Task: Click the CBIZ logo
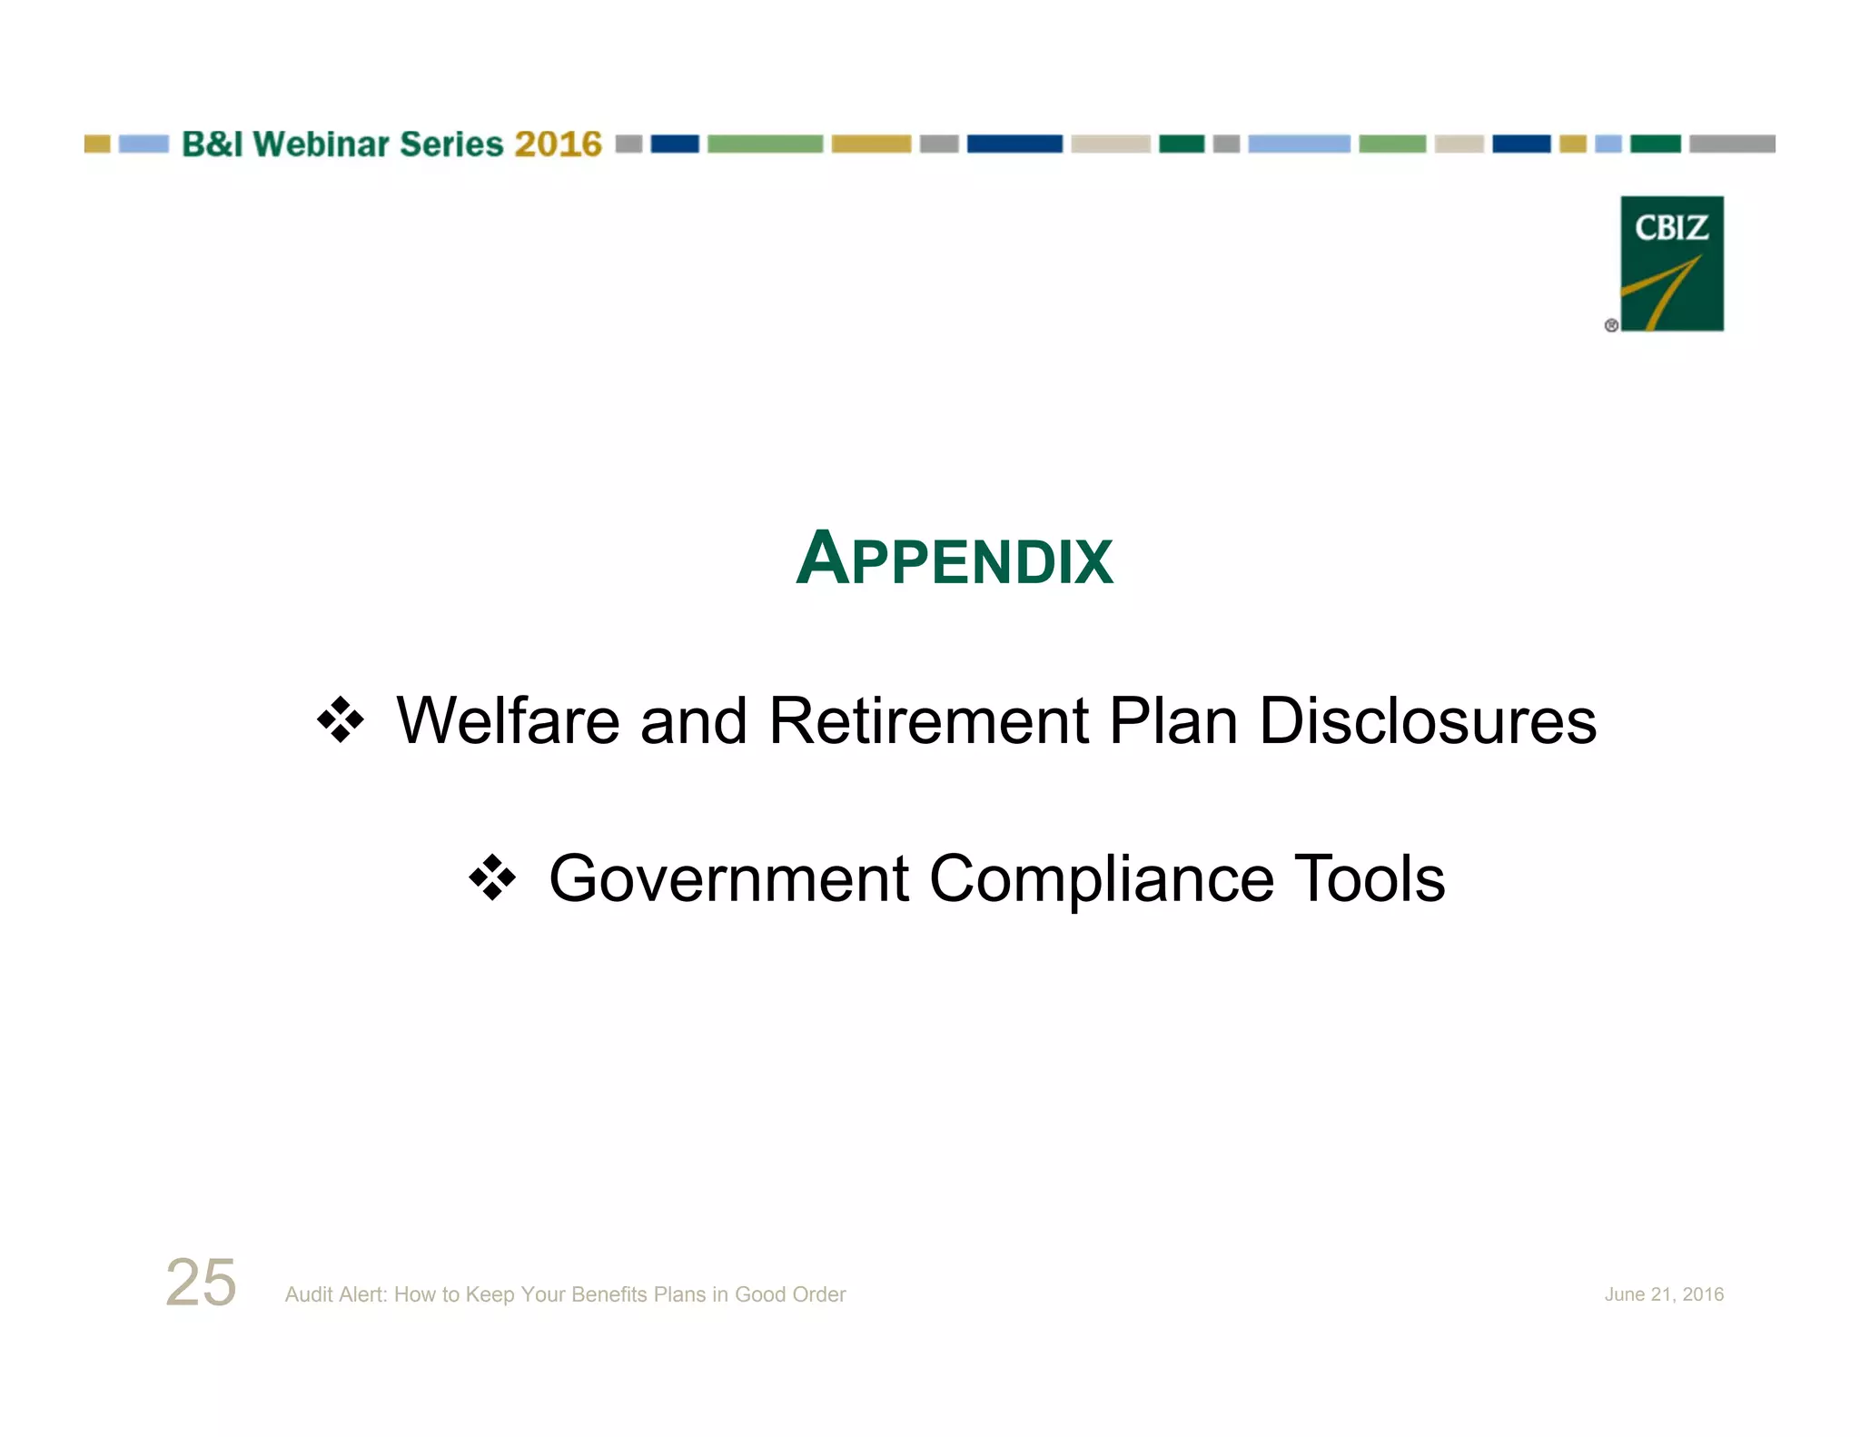tap(1671, 263)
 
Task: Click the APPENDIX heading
tap(954, 558)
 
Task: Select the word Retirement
tap(928, 721)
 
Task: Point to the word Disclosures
tap(1427, 721)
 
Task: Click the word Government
tap(728, 879)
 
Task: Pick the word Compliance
tap(1102, 879)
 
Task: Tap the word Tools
tap(1369, 879)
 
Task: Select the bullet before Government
tap(492, 878)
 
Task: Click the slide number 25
tap(201, 1283)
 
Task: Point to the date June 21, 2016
tap(1663, 1294)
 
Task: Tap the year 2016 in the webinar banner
tap(558, 144)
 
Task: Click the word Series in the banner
tap(450, 144)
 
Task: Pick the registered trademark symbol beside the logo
tap(1611, 325)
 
